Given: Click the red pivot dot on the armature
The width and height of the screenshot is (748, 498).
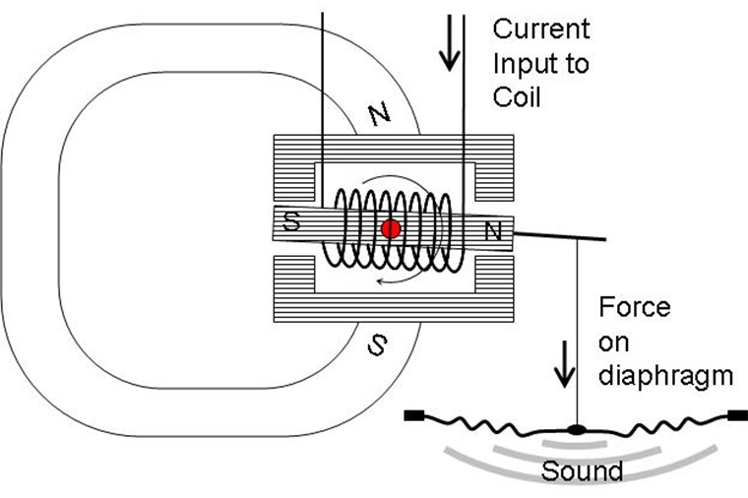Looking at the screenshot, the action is [x=391, y=229].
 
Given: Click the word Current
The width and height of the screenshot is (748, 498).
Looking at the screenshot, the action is [x=541, y=30].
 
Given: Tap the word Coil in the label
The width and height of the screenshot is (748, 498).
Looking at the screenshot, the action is [x=517, y=97].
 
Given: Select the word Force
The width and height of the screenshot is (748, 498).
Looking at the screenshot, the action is [x=635, y=307].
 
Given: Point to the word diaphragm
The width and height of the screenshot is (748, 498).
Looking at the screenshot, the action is [x=665, y=377].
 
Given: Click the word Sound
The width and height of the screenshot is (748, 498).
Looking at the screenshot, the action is [x=582, y=470].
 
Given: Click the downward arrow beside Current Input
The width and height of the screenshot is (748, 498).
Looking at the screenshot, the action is [x=450, y=43].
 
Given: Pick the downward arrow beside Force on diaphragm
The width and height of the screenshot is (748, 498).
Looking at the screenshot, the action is [x=565, y=364].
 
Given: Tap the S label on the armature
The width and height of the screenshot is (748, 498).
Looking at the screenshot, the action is [x=291, y=220].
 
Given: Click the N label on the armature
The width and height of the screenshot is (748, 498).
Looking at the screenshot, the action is [x=493, y=231].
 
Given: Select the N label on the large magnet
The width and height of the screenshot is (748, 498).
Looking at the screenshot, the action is [x=380, y=114].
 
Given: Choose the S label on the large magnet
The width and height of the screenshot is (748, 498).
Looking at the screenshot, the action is [x=377, y=344].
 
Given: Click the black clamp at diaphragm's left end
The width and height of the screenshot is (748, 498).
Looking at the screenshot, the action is [x=414, y=415].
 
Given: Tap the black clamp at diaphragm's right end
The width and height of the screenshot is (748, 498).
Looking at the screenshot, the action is [x=737, y=415].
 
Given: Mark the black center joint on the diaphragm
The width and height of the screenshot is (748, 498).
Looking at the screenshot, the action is [x=577, y=430].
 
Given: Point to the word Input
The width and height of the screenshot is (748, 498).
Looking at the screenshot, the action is [x=541, y=64].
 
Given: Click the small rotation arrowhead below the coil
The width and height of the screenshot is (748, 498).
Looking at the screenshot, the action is [x=380, y=281].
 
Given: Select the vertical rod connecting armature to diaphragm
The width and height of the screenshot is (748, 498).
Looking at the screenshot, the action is [x=578, y=332].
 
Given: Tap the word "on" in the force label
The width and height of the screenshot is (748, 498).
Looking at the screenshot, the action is [x=614, y=342].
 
